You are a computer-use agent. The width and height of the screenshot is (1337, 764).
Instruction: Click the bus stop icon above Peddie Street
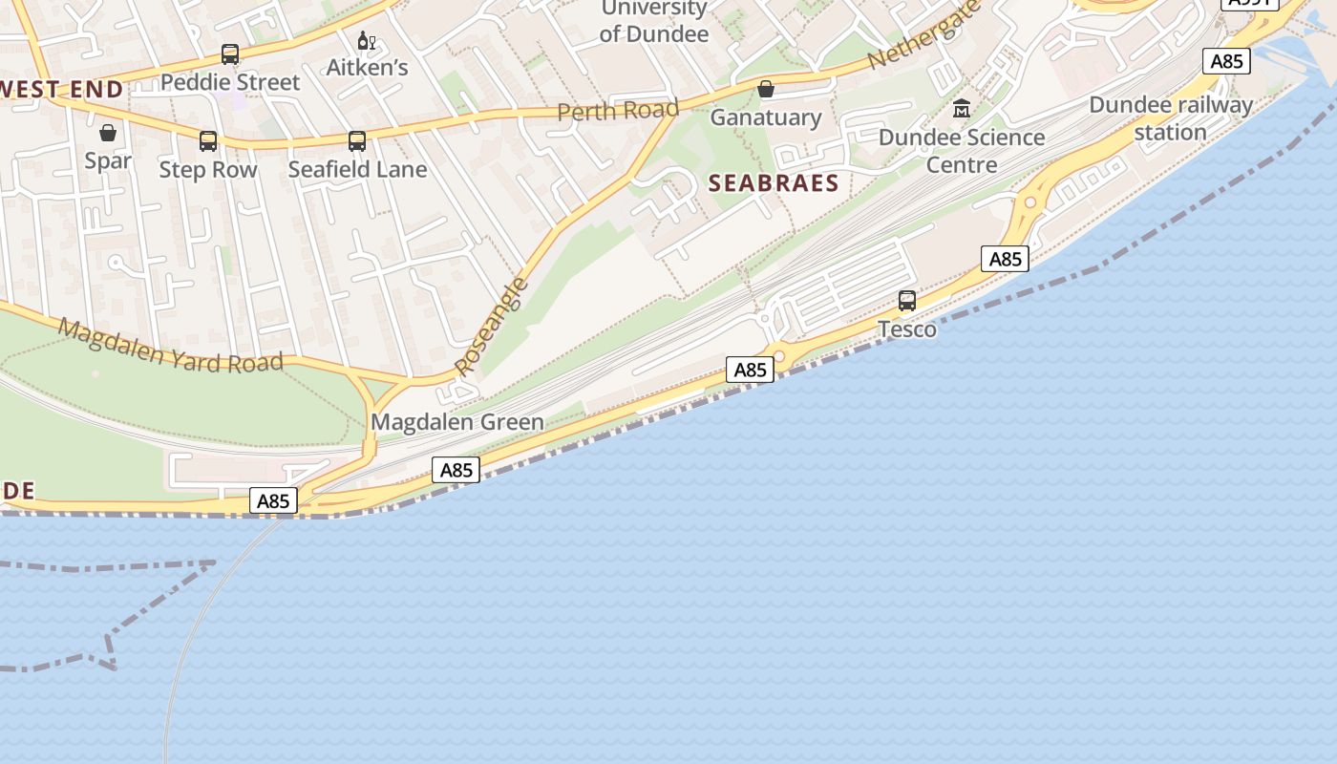230,54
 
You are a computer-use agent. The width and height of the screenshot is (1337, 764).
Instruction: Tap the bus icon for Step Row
208,141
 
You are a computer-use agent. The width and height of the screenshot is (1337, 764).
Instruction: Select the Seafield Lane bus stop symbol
357,141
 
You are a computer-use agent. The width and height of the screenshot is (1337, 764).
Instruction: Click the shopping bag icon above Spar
108,132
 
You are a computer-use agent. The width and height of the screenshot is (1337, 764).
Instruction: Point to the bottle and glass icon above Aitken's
365,40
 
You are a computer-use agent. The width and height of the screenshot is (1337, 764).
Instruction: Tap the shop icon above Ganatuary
766,89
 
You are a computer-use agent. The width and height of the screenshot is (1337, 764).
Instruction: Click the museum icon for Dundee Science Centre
962,109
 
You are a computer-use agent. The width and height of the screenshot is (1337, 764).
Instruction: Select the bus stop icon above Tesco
907,301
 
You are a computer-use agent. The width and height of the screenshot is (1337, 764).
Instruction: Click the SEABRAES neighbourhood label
775,183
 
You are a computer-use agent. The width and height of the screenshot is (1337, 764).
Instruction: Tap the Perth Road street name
618,111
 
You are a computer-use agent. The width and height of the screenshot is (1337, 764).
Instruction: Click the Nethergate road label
924,34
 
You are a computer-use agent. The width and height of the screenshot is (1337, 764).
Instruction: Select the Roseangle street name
491,326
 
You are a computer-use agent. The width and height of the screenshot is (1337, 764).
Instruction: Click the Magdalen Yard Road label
171,345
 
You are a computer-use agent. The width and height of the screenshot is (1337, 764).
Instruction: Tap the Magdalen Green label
457,422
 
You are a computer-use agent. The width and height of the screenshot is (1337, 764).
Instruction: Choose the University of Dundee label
654,22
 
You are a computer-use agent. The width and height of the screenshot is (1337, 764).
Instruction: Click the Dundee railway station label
1171,118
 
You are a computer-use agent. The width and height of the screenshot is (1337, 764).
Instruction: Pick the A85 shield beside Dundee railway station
1226,62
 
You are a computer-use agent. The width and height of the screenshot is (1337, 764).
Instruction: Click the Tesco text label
907,329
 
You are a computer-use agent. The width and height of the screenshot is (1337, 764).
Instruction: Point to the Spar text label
108,160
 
